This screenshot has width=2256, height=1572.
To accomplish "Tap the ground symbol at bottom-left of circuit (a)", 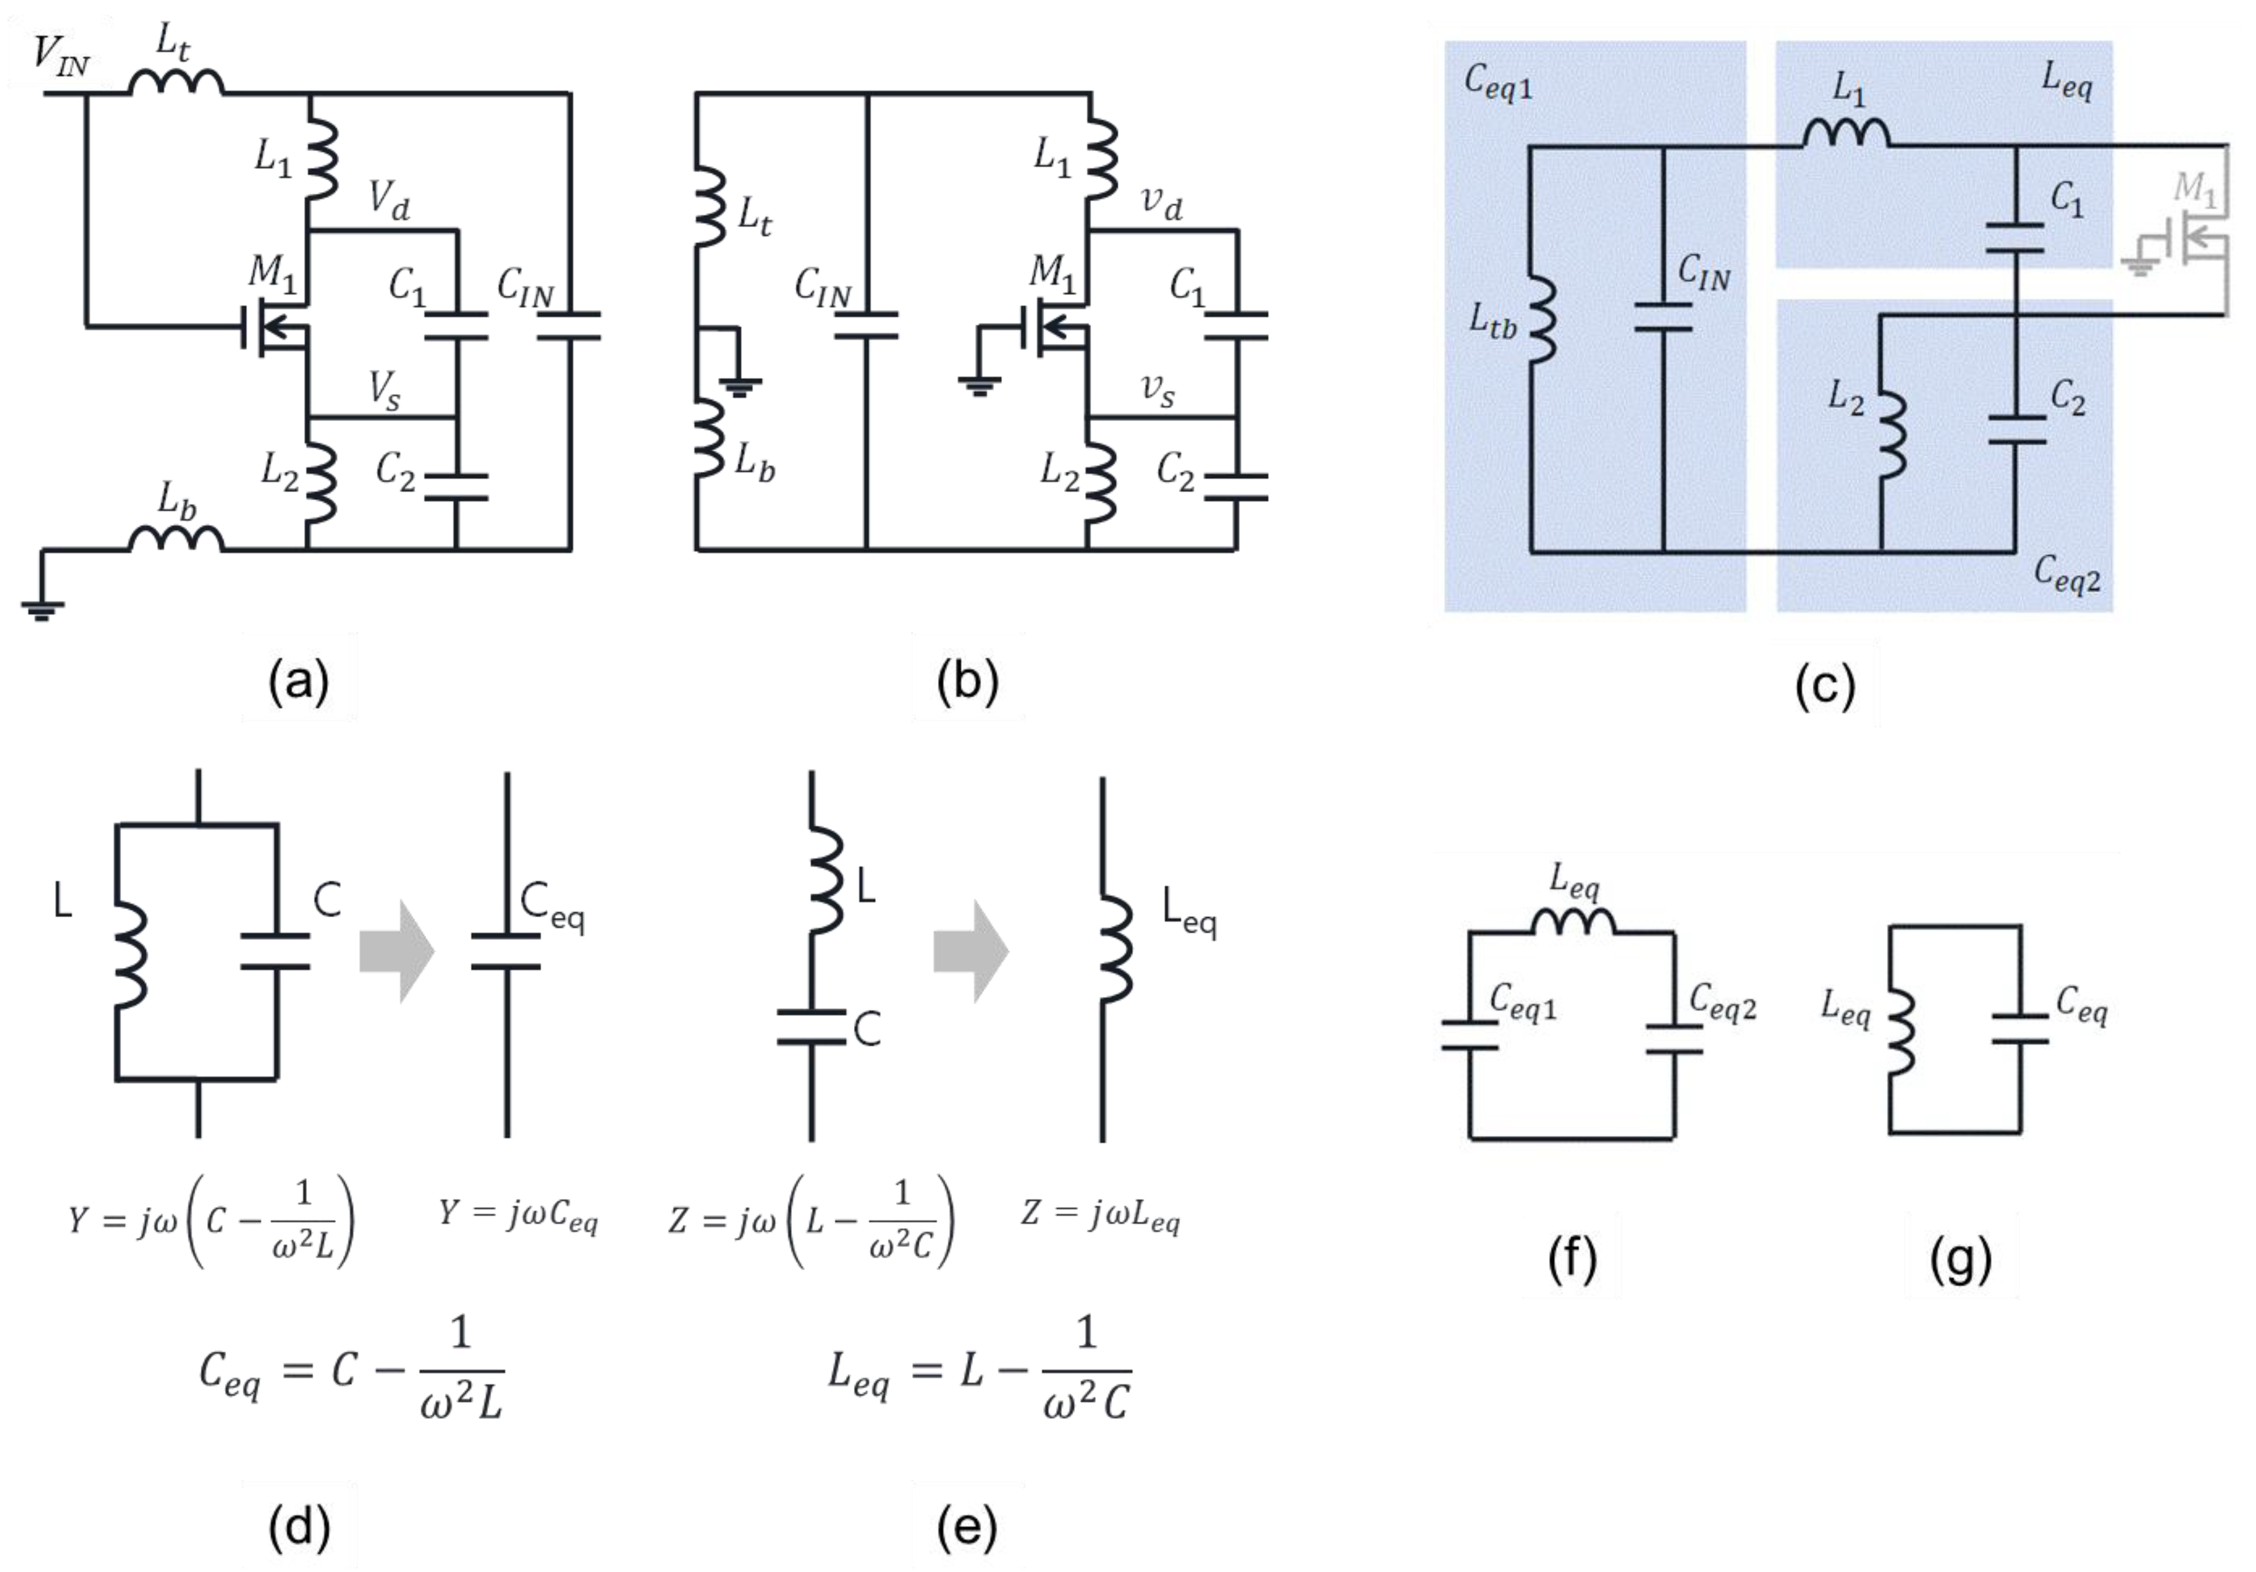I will click(42, 609).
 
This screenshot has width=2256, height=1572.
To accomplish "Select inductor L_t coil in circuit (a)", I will click(177, 83).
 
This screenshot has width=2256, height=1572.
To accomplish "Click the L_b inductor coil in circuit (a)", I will click(177, 539).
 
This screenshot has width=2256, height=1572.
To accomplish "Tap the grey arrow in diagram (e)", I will click(971, 950).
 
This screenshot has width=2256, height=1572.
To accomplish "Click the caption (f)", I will click(1571, 1258).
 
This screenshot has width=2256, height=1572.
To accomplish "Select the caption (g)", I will click(1960, 1258).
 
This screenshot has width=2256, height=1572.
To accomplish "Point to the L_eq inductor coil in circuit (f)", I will click(1572, 921).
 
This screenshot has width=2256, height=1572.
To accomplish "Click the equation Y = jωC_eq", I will click(518, 1215).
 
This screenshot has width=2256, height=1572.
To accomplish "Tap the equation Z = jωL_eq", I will click(1101, 1215).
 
